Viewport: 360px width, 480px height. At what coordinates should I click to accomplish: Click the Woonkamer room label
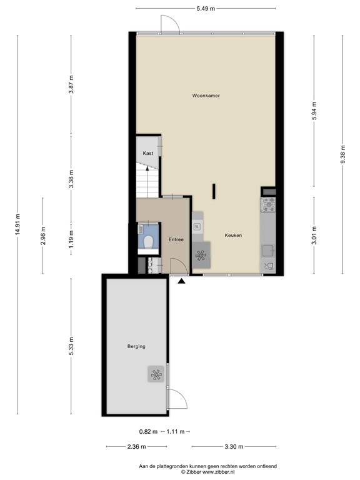click(x=206, y=96)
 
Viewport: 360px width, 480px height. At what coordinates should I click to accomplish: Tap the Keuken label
click(x=233, y=235)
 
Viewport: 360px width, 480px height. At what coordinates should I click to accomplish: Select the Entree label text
click(x=175, y=239)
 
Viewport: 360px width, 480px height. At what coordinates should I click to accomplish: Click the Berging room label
click(x=136, y=346)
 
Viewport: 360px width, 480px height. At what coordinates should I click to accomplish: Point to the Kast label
click(x=148, y=153)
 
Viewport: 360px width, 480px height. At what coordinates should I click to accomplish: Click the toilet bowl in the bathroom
click(x=149, y=242)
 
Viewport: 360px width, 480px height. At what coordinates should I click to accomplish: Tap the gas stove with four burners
click(x=268, y=203)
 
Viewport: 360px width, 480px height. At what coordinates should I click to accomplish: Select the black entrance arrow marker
click(x=182, y=282)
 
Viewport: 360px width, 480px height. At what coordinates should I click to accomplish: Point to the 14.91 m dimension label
click(x=17, y=222)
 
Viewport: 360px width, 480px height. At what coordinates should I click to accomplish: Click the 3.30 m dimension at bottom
click(x=233, y=447)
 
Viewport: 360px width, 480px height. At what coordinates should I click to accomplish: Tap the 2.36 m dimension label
click(x=136, y=447)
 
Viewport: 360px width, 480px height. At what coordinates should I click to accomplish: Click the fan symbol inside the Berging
click(x=156, y=374)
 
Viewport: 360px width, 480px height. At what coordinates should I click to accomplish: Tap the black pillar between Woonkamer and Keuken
click(x=214, y=191)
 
